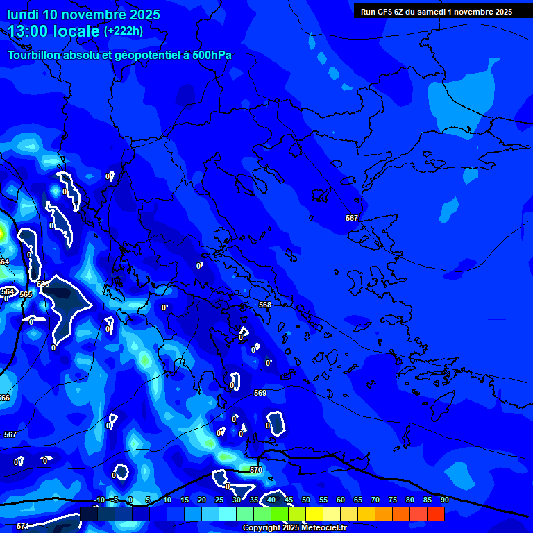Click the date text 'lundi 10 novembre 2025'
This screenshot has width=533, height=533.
pyautogui.click(x=83, y=15)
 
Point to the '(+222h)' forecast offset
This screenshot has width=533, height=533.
pyautogui.click(x=124, y=31)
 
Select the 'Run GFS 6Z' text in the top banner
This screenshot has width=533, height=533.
pyautogui.click(x=386, y=11)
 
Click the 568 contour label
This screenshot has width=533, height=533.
pyautogui.click(x=265, y=305)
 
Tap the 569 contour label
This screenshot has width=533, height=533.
pyautogui.click(x=260, y=394)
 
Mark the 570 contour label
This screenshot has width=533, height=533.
pyautogui.click(x=256, y=470)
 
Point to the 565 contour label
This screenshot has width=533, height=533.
pyautogui.click(x=26, y=294)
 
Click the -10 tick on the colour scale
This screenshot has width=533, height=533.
pyautogui.click(x=99, y=500)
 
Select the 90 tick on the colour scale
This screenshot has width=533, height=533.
pyautogui.click(x=444, y=500)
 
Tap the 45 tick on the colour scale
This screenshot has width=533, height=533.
pyautogui.click(x=289, y=500)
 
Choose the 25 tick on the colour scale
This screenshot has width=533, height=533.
pyautogui.click(x=219, y=500)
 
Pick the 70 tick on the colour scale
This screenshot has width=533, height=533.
pyautogui.click(x=375, y=500)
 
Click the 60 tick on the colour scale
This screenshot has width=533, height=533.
pyautogui.click(x=341, y=500)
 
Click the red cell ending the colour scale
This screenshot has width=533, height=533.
pyautogui.click(x=435, y=514)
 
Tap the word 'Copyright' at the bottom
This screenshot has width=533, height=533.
pyautogui.click(x=261, y=528)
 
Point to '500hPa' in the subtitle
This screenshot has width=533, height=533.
pyautogui.click(x=212, y=56)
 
